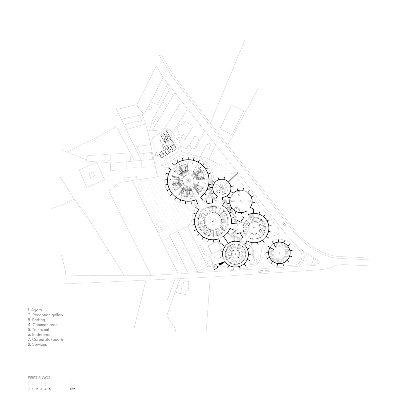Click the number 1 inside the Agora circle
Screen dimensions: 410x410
[279, 252]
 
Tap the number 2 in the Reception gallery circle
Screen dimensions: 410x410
[254, 228]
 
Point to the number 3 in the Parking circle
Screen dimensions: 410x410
[240, 201]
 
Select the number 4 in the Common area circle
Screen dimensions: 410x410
[213, 221]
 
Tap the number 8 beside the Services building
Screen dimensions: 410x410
[160, 141]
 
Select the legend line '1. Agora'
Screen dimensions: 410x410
[35, 310]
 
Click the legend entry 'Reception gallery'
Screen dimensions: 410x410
[48, 315]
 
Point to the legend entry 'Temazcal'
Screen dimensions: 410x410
[41, 329]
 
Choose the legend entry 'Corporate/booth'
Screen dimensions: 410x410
[47, 339]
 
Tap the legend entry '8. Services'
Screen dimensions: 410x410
[37, 344]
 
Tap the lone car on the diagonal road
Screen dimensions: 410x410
[284, 224]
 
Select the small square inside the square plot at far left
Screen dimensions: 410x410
[92, 175]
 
